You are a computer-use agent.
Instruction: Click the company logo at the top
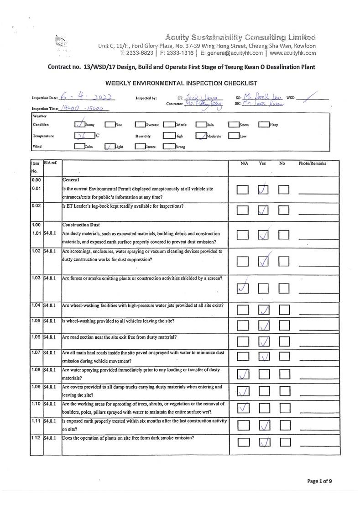tap(61, 43)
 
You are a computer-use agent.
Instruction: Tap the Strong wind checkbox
tap(168, 147)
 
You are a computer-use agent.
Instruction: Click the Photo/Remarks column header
tap(312, 163)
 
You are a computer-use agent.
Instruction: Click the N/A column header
tap(244, 163)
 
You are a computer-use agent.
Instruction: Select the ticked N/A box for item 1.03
tap(244, 288)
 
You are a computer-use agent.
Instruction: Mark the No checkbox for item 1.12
tap(284, 442)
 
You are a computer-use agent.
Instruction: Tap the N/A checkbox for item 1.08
tap(244, 374)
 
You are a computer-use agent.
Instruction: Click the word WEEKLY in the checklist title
tap(120, 83)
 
